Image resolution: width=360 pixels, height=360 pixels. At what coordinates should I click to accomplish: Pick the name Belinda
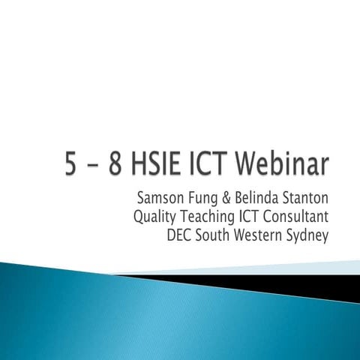[258, 199]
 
